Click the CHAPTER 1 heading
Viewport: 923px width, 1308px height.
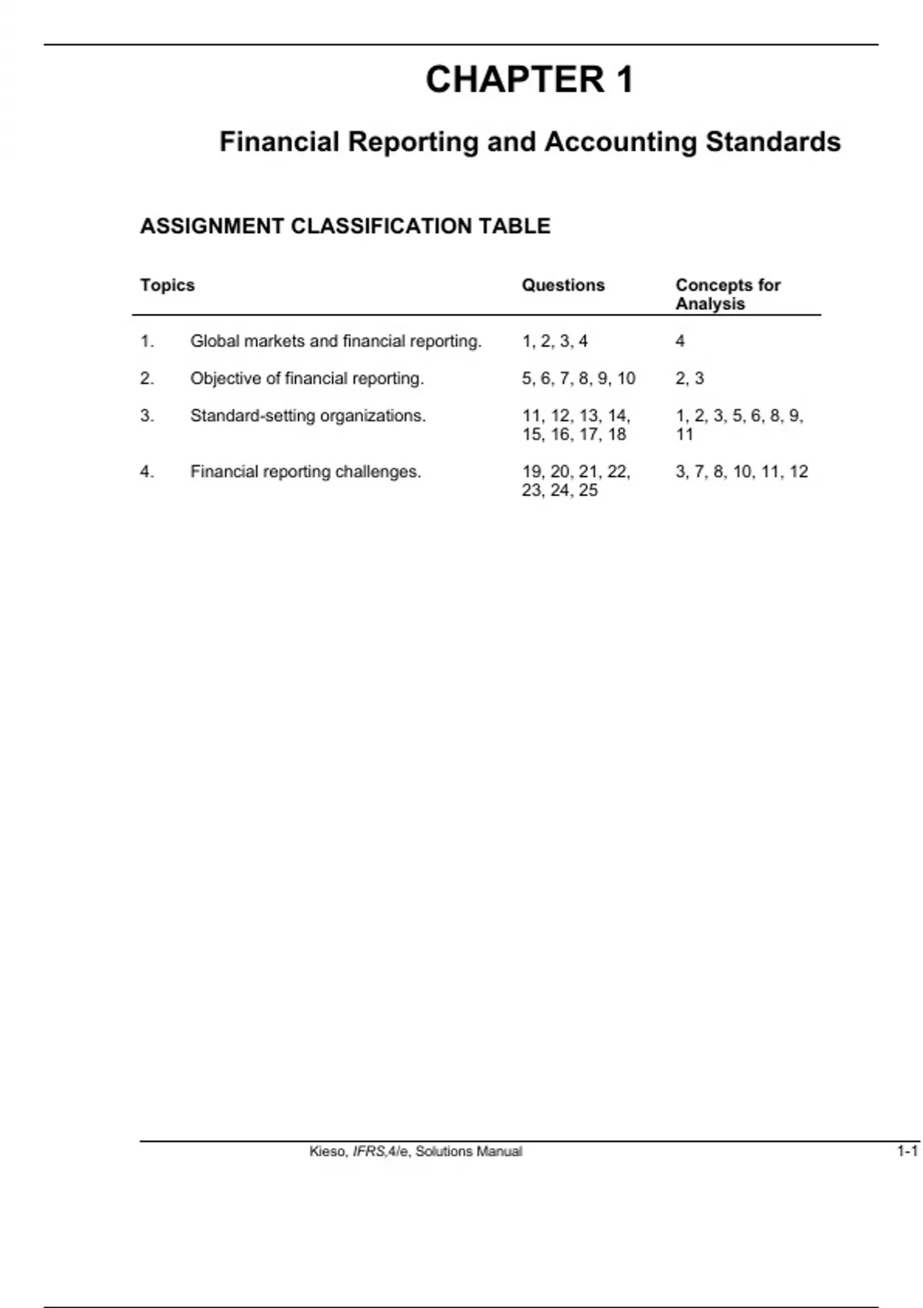[529, 80]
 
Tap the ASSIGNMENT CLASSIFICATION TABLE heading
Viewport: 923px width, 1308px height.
[345, 226]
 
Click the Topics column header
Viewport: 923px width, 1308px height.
[167, 285]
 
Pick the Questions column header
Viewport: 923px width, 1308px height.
[563, 285]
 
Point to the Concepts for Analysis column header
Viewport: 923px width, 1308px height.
[727, 294]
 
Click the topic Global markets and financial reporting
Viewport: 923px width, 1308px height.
[335, 341]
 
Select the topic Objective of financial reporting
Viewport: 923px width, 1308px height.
[307, 379]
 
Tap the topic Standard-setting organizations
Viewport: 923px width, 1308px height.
[308, 416]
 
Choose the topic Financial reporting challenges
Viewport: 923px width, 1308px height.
[305, 472]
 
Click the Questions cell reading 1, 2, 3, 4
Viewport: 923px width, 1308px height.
[555, 341]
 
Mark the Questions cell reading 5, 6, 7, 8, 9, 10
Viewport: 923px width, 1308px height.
[578, 379]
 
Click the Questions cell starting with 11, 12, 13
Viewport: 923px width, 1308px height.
[575, 425]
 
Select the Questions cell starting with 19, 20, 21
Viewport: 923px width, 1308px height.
[575, 481]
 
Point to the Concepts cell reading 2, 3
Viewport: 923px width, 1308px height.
[689, 379]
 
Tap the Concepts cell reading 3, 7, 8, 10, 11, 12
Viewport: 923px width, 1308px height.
[741, 472]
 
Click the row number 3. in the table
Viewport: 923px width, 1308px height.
[147, 416]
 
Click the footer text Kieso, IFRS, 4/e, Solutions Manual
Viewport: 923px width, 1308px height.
[415, 1152]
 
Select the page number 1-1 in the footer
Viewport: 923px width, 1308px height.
[907, 1152]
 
